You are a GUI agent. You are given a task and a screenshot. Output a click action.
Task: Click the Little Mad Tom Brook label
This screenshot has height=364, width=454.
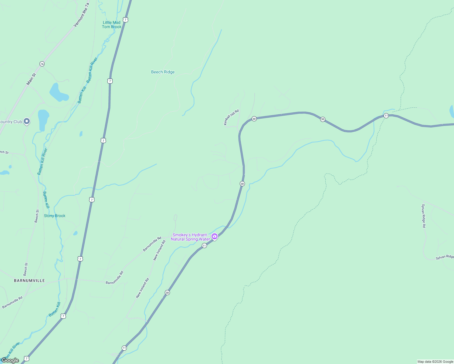click(112, 25)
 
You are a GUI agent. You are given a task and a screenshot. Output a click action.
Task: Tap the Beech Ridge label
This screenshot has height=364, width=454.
click(163, 72)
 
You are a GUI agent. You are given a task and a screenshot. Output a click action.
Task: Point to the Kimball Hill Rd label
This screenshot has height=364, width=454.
click(231, 117)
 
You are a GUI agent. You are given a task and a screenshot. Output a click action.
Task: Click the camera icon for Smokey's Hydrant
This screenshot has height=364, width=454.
click(215, 236)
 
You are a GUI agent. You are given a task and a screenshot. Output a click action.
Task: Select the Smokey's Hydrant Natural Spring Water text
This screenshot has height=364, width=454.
click(190, 237)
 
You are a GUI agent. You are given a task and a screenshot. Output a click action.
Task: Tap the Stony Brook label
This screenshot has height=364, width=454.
click(55, 216)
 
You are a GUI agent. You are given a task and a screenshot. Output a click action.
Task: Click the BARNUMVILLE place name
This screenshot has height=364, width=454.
click(29, 281)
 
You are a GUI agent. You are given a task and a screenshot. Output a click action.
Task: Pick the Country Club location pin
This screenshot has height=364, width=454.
click(27, 121)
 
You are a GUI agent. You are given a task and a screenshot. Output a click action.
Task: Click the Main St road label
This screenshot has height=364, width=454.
click(31, 79)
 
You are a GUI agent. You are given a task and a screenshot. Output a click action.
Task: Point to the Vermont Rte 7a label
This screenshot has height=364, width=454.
click(82, 15)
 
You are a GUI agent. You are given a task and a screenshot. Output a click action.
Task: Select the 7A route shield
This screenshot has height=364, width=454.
click(42, 64)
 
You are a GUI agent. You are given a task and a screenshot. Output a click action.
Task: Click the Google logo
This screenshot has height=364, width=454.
click(10, 360)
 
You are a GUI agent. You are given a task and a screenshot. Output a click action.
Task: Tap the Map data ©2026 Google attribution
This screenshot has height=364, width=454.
click(435, 362)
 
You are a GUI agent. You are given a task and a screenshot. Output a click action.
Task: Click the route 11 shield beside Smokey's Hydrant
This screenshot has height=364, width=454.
click(204, 245)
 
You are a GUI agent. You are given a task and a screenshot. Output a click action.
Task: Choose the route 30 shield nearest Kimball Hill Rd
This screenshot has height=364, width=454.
click(254, 119)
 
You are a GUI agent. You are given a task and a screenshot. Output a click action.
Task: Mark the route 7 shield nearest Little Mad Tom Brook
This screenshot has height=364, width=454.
click(126, 20)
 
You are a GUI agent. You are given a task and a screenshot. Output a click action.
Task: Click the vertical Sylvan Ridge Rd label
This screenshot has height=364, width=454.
click(423, 216)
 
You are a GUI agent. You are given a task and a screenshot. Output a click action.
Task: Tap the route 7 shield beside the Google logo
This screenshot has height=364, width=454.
click(26, 359)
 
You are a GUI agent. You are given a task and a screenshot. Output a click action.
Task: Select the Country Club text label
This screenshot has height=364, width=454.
click(11, 122)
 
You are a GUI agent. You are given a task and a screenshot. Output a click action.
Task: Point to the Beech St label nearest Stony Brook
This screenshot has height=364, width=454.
click(37, 216)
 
